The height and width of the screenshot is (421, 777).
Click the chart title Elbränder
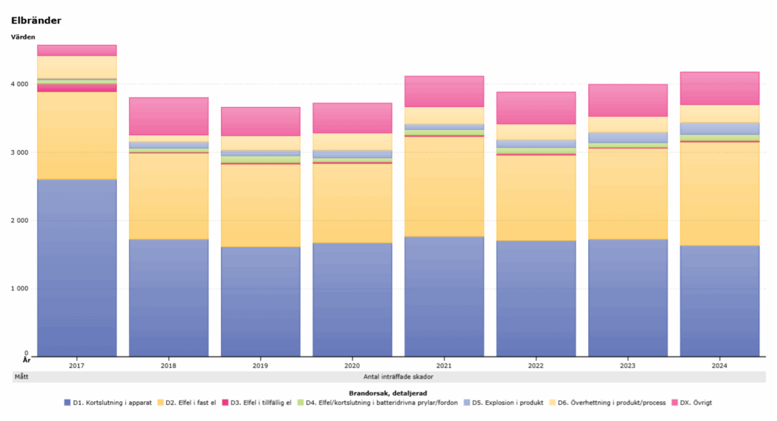coord(36,20)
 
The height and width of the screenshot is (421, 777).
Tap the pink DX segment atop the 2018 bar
coord(168,116)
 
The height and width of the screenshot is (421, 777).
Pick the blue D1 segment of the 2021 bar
coord(444,296)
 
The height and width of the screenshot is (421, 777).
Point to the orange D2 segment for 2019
coord(260,205)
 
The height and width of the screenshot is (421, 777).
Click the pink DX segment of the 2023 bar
coord(628,100)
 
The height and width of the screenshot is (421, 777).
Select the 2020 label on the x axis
coord(352,366)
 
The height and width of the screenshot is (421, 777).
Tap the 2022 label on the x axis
coord(536,366)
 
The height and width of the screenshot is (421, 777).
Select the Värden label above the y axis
coord(23,36)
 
